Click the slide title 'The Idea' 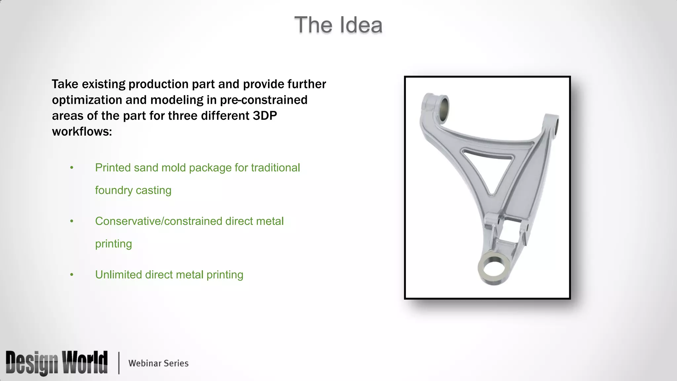point(338,25)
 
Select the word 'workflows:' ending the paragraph point(82,132)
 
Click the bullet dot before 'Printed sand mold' point(72,168)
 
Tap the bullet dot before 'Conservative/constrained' point(72,221)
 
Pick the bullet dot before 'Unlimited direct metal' point(72,275)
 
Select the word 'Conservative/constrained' point(159,221)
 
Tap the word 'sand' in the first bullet point(144,168)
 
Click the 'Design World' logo point(57,363)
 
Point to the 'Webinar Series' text point(158,363)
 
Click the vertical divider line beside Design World point(119,363)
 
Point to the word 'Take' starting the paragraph point(65,84)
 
